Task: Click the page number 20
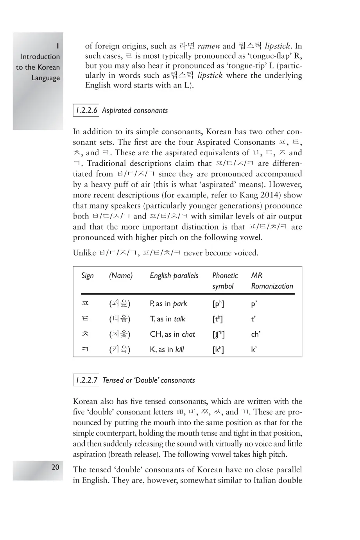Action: [56, 467]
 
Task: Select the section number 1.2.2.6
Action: [86, 111]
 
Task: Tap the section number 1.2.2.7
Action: [86, 380]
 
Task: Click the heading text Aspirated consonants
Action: [135, 111]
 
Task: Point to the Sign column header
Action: [88, 276]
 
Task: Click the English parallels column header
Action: [174, 276]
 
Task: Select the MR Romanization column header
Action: [272, 281]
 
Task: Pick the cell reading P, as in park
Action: [168, 304]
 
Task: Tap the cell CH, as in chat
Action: [172, 334]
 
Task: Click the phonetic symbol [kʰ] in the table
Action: [218, 350]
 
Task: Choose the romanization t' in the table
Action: [254, 319]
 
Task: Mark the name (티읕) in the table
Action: [120, 319]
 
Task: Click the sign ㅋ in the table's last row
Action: [85, 349]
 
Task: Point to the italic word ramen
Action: [209, 46]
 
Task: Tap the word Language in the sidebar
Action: [46, 78]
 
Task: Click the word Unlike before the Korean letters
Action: [84, 253]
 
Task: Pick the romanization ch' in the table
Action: [256, 334]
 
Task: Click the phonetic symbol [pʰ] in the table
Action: [218, 304]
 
